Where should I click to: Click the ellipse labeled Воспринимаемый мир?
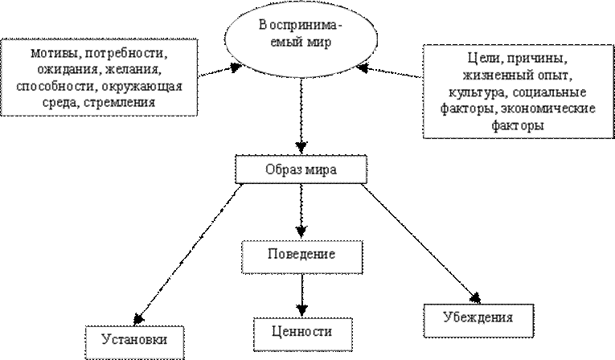pos(301,39)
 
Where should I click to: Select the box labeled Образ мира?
pos(301,170)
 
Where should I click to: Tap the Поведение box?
pos(302,257)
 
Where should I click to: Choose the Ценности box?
pos(303,334)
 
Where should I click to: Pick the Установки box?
pos(134,342)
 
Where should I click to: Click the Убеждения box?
pos(478,320)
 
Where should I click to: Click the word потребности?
pos(126,54)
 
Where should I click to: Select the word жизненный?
pos(494,76)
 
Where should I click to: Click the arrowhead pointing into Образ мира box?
pos(301,147)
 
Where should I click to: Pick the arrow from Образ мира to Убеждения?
pos(420,243)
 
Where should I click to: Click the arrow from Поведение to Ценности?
pos(302,295)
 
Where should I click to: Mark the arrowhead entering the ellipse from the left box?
pos(236,68)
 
